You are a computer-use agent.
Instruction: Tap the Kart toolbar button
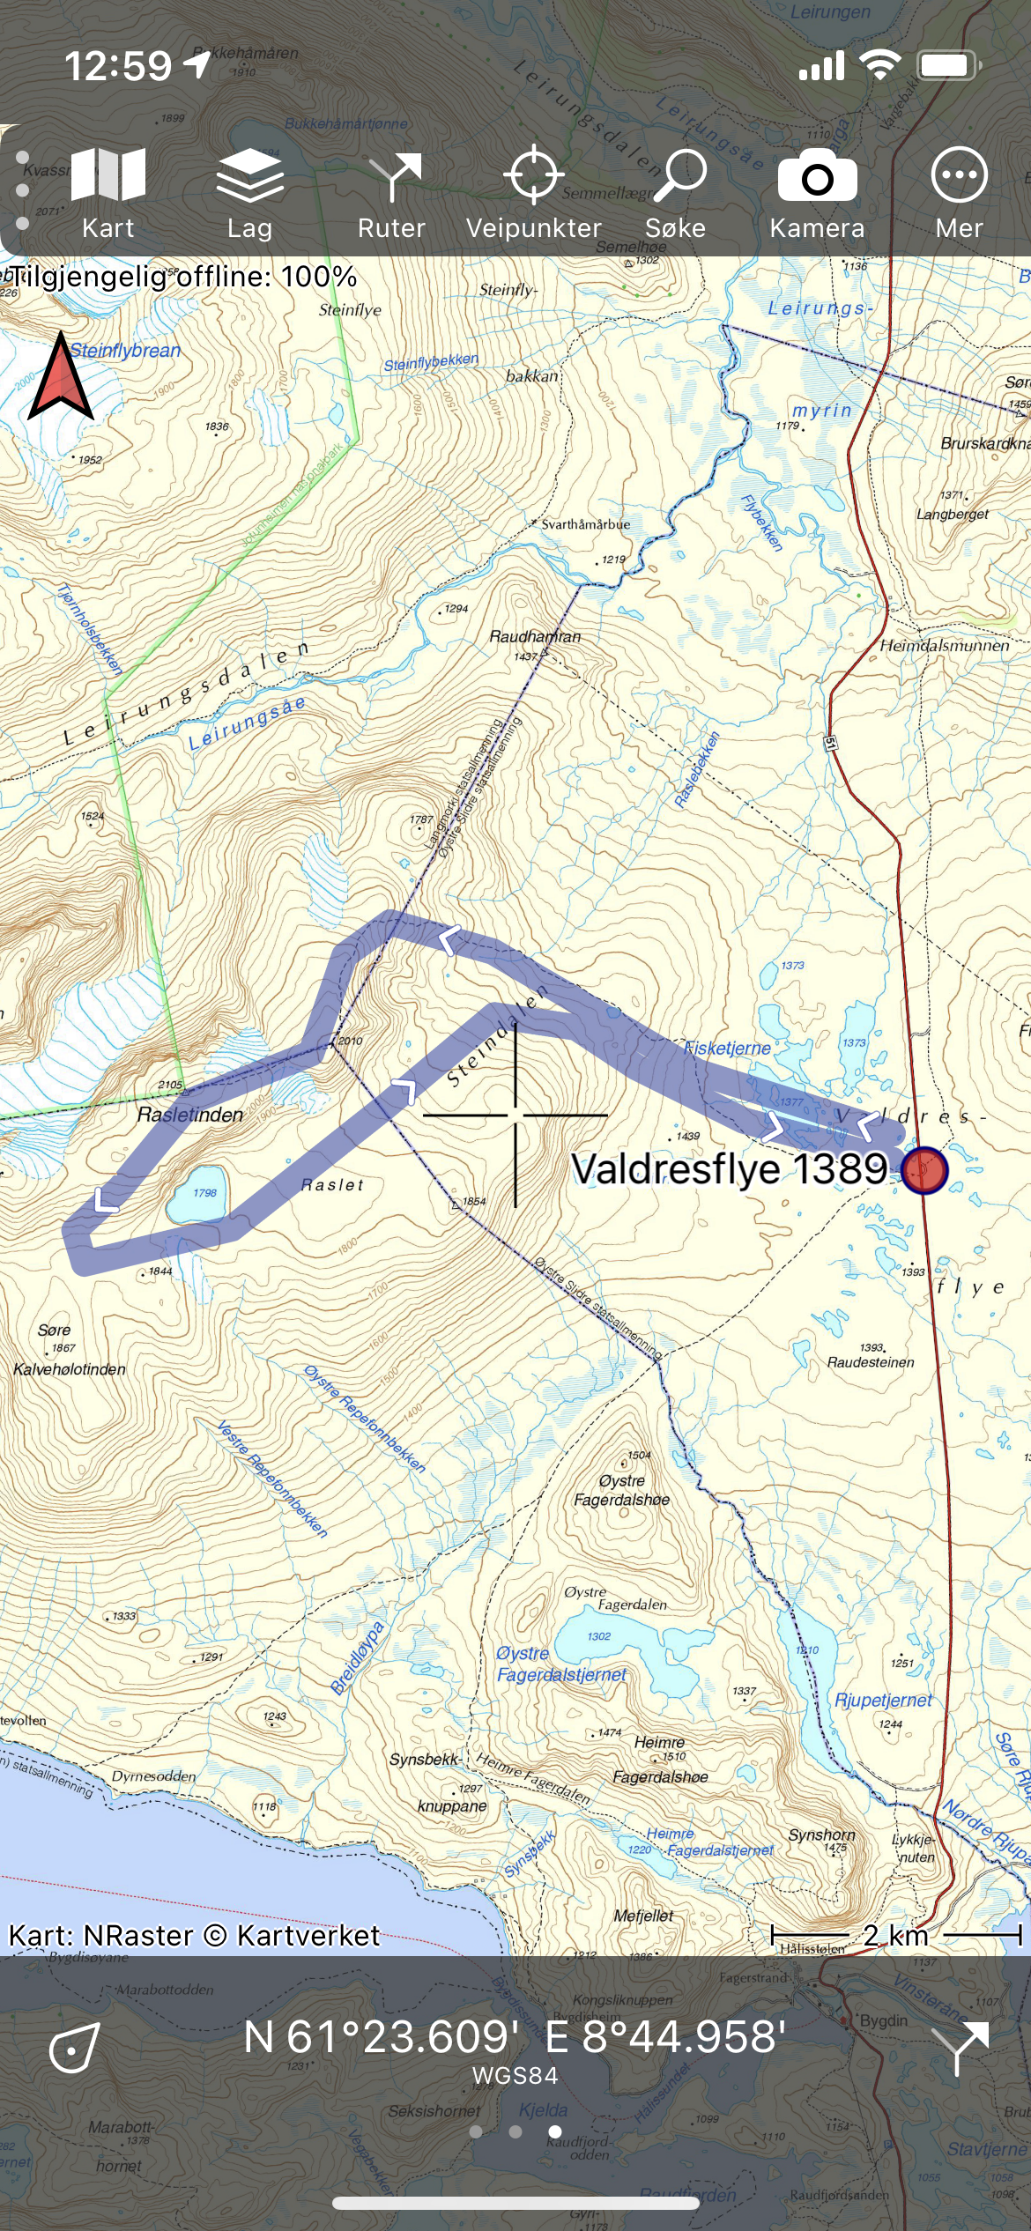(108, 192)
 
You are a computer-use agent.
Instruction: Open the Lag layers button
(249, 192)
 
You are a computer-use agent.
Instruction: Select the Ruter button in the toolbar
(391, 192)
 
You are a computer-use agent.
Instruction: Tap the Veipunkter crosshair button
(533, 192)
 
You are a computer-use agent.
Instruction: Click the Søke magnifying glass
(676, 192)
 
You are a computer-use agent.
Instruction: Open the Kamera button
(817, 192)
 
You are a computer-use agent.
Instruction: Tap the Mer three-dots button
(959, 192)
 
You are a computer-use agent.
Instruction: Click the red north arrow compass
(61, 376)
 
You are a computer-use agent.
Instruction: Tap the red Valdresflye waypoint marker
(924, 1170)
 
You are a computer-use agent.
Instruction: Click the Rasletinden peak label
(189, 1115)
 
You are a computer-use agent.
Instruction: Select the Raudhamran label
(535, 636)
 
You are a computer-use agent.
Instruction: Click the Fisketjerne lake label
(727, 1048)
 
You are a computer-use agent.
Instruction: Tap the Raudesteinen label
(870, 1362)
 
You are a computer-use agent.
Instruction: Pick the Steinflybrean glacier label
(125, 351)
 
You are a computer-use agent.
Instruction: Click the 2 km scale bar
(895, 1935)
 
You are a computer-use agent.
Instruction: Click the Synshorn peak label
(821, 1834)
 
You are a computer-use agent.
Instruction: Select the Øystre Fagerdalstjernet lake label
(561, 1664)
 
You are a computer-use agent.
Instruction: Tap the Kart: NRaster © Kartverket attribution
(194, 1935)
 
